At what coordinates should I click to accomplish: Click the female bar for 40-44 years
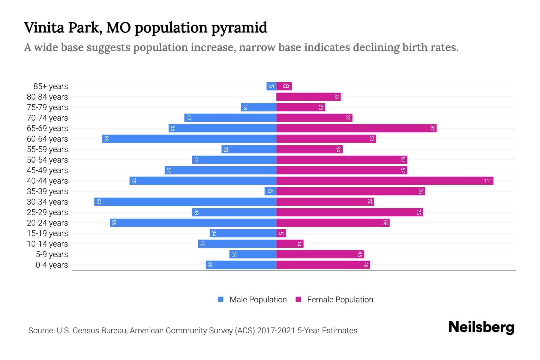[385, 181]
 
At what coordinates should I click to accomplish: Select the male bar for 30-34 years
[185, 202]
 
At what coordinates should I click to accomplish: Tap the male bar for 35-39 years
[270, 191]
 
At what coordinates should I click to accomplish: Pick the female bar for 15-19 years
[281, 233]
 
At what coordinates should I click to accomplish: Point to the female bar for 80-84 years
[308, 97]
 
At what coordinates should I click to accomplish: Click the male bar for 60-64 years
[189, 139]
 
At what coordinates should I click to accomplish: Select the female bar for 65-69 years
[356, 128]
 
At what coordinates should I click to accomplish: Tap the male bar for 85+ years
[271, 86]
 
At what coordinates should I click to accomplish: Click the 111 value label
[488, 181]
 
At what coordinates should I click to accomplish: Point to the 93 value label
[98, 202]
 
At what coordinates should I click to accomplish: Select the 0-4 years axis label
[52, 265]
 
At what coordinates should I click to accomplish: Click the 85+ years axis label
[50, 86]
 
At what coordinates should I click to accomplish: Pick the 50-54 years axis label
[47, 160]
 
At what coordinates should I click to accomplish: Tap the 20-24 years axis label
[47, 223]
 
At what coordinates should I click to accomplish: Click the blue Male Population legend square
[221, 299]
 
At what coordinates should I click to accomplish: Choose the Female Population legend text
[340, 300]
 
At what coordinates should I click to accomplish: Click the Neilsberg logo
[481, 327]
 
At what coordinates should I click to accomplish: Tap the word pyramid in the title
[239, 28]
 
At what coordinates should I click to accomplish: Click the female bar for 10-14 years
[289, 244]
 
